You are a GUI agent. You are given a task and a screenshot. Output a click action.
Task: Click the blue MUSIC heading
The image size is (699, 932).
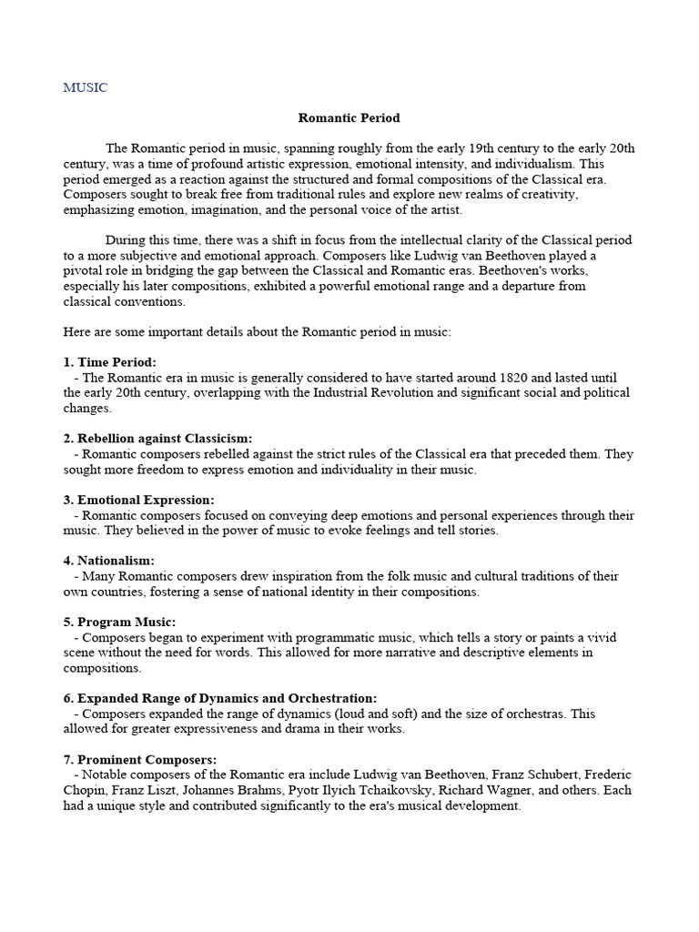(x=85, y=88)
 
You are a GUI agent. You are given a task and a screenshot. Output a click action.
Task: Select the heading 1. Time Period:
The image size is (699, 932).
(x=110, y=362)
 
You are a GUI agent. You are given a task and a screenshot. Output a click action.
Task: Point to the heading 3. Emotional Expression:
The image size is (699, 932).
(x=139, y=500)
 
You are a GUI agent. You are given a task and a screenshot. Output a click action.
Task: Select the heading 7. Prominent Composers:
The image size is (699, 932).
(x=141, y=759)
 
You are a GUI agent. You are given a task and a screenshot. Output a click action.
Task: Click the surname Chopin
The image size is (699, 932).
(x=84, y=790)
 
